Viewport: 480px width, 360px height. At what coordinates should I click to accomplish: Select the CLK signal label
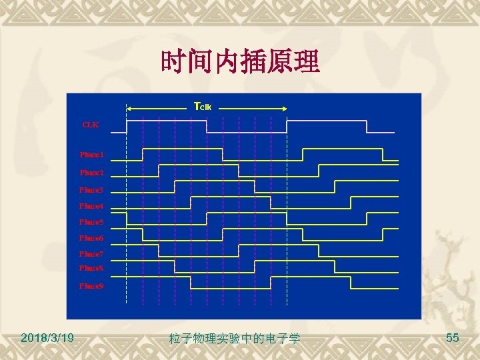click(90, 124)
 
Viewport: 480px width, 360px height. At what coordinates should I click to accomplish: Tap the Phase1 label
click(91, 155)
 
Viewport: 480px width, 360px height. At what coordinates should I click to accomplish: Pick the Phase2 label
click(91, 172)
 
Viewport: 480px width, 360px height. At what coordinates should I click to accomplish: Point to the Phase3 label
click(91, 189)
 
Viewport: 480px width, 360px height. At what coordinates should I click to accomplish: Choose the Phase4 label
click(91, 205)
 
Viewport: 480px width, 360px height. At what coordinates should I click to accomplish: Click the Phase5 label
click(91, 221)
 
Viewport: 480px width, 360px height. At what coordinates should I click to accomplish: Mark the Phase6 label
click(91, 237)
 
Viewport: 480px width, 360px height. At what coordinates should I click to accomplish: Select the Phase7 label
click(91, 254)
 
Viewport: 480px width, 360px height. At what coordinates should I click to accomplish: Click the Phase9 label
click(91, 285)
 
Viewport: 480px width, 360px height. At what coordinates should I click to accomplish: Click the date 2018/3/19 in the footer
click(47, 339)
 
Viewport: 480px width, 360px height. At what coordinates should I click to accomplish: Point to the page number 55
click(452, 339)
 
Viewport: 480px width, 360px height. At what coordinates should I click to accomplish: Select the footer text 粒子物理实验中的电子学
click(234, 339)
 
